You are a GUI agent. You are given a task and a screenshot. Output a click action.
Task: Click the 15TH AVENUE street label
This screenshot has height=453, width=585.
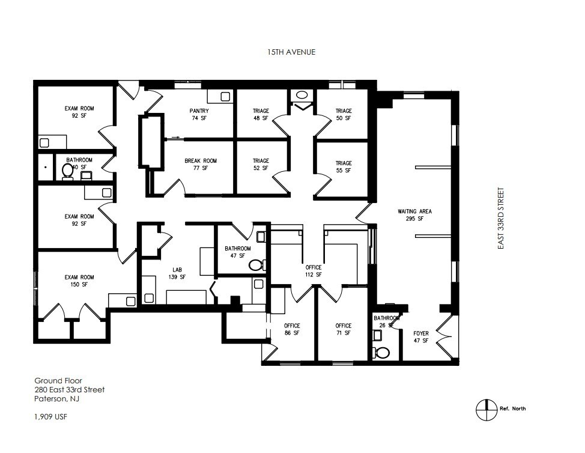tap(291, 52)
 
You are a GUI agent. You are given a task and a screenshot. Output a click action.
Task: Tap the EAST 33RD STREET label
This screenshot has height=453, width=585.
tap(500, 219)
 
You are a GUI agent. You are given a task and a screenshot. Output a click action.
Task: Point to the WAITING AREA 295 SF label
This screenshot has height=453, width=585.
tap(414, 215)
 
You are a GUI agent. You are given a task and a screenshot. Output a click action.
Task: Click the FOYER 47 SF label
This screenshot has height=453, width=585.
tap(421, 337)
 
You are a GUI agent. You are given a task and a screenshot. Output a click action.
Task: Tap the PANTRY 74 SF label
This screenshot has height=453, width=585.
tap(199, 115)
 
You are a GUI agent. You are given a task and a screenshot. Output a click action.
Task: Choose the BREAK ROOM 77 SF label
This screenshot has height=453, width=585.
tap(200, 165)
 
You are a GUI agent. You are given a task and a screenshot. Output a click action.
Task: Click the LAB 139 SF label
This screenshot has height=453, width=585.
tap(178, 273)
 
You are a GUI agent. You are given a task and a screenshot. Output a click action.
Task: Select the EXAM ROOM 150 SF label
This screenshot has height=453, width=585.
tap(79, 281)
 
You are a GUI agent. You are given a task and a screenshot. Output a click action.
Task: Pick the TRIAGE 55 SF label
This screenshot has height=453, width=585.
tap(344, 167)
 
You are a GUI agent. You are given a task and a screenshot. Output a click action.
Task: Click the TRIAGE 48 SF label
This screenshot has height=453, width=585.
tap(261, 115)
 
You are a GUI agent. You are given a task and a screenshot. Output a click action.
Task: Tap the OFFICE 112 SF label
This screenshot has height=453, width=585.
tap(313, 271)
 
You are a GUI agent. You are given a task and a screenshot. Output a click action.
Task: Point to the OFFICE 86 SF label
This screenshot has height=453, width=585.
tap(292, 329)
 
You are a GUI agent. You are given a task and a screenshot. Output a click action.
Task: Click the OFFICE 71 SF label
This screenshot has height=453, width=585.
tap(344, 329)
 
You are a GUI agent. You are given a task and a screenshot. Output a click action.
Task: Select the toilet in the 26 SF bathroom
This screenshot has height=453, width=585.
tap(382, 352)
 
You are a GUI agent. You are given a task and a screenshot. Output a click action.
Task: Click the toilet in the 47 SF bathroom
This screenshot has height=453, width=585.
tap(256, 264)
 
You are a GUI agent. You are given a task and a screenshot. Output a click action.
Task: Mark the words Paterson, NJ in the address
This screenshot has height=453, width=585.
tap(57, 399)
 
